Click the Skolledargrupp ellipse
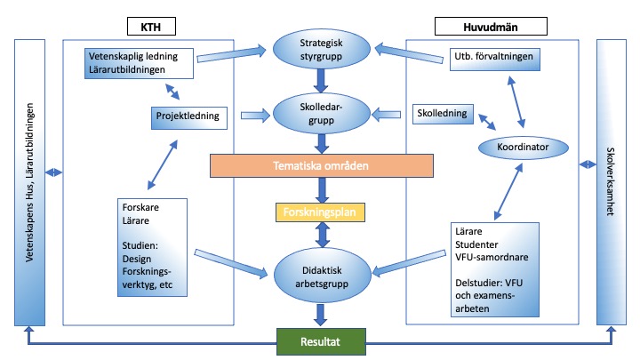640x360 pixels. click(x=321, y=113)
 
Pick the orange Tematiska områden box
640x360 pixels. click(x=321, y=165)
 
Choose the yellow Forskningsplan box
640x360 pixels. click(x=321, y=212)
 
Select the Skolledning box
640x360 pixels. click(x=444, y=115)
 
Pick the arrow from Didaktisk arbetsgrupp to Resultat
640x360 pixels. click(x=321, y=310)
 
